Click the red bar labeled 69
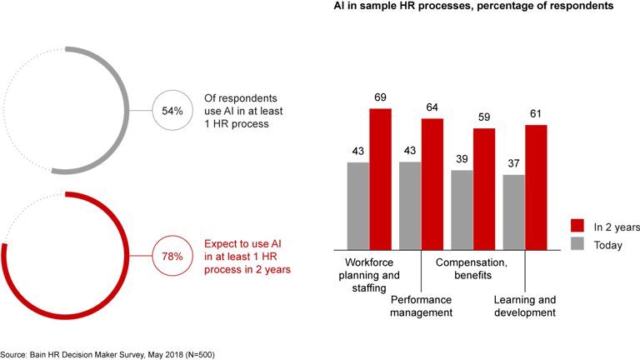(x=381, y=178)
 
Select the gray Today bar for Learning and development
(x=514, y=212)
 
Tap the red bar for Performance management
(x=432, y=183)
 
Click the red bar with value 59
(x=484, y=188)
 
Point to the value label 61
(x=536, y=114)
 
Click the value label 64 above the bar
(x=432, y=107)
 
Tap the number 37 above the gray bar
(x=514, y=164)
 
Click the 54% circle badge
(x=172, y=109)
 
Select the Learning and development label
(x=524, y=306)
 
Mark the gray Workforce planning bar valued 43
(x=358, y=205)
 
